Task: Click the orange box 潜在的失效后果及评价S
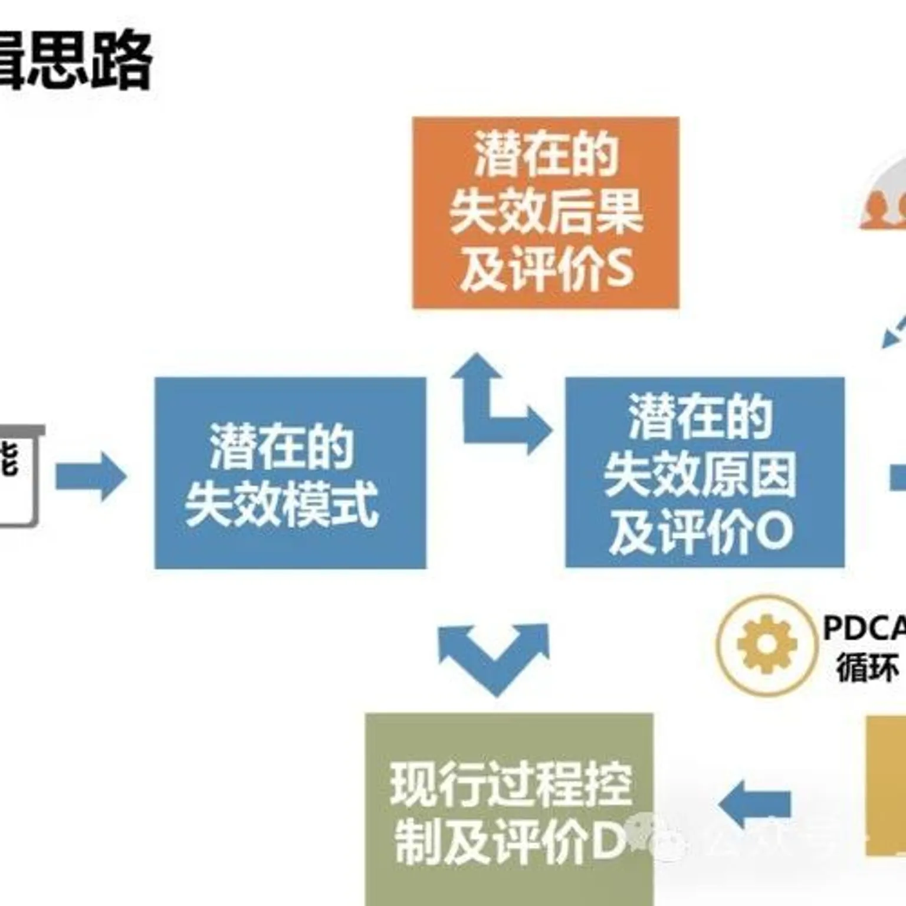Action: [x=546, y=212]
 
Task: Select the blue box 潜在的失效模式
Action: [x=290, y=473]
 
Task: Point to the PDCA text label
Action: [x=864, y=627]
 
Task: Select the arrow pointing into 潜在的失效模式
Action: [x=91, y=476]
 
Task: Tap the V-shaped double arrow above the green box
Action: [x=494, y=655]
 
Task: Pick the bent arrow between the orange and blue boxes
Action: [x=498, y=407]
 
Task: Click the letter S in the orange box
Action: [x=619, y=268]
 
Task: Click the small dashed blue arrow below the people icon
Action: [x=893, y=333]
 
